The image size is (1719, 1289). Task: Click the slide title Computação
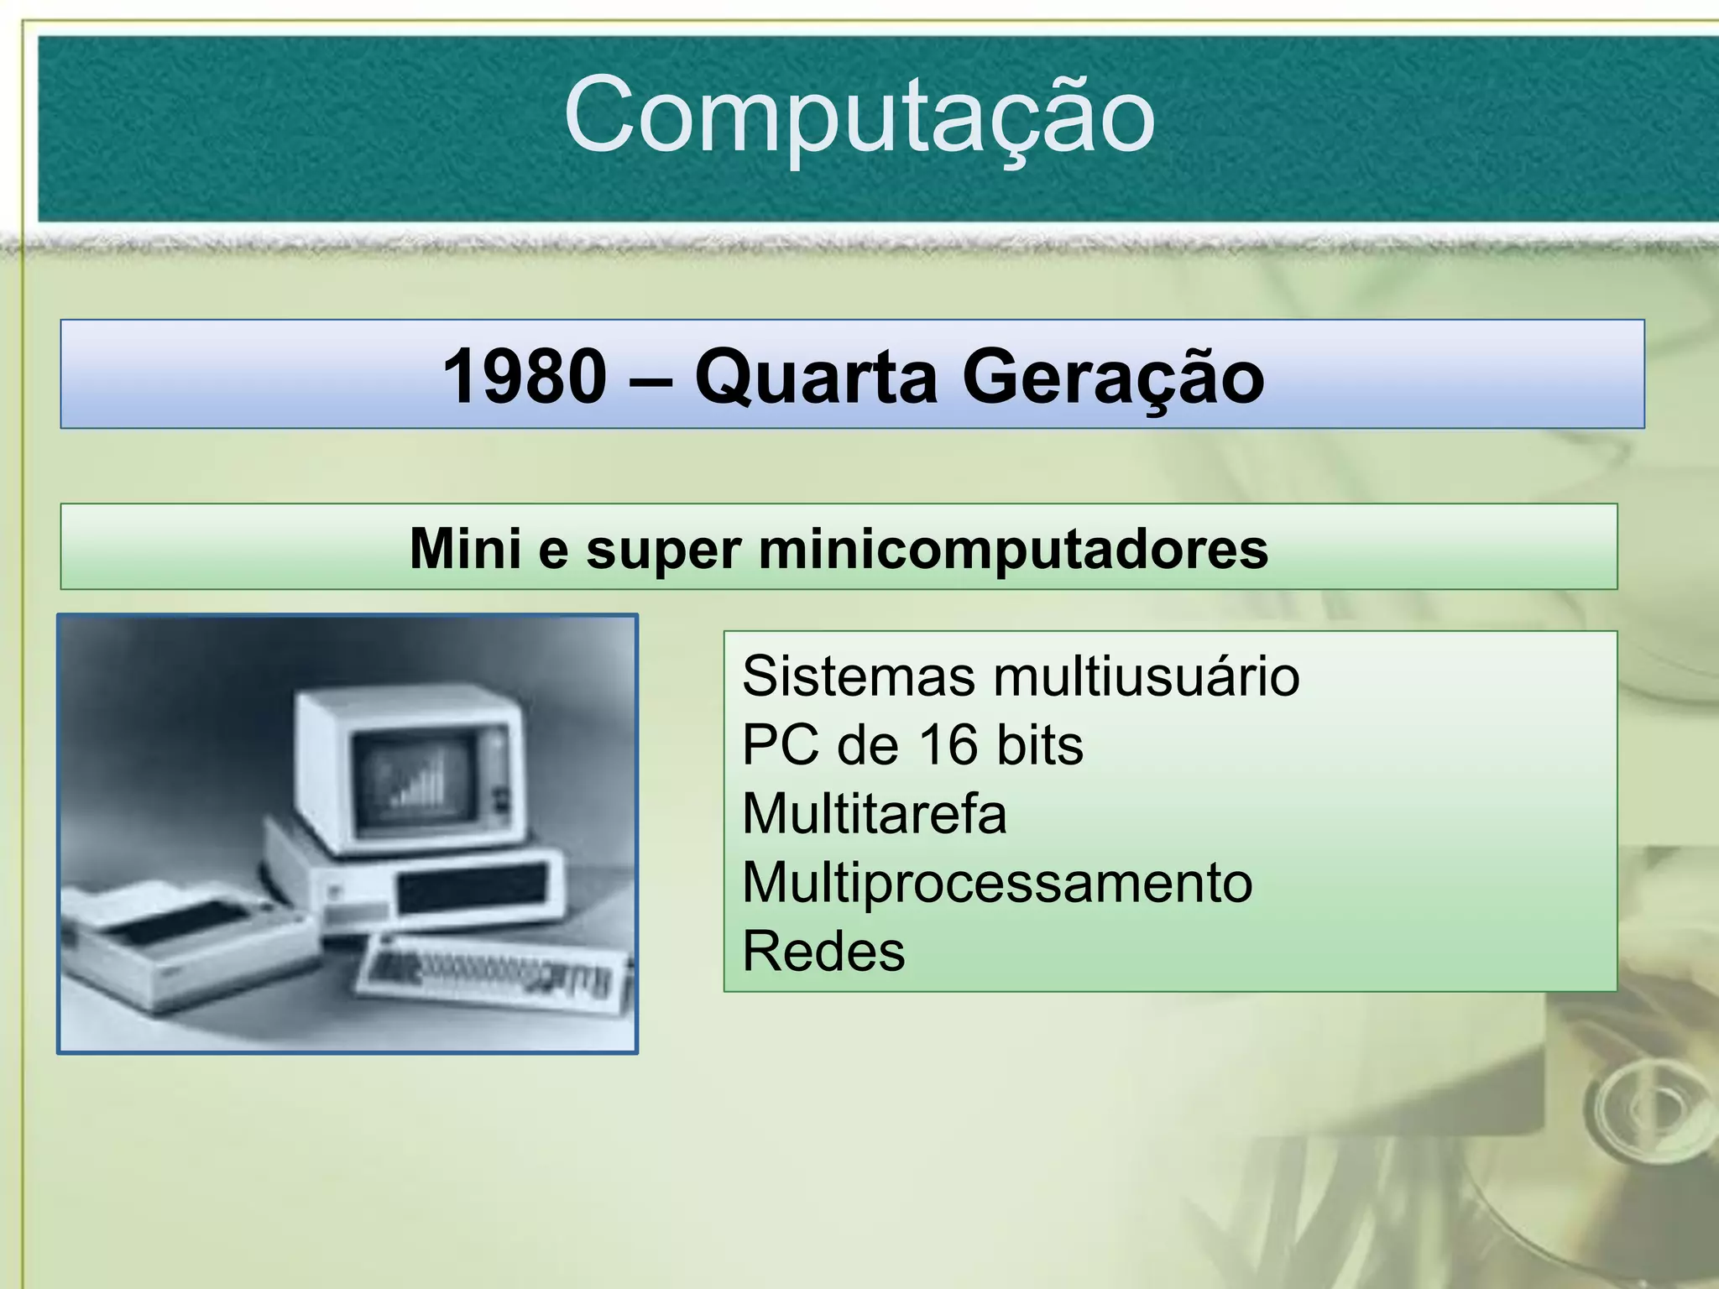(859, 116)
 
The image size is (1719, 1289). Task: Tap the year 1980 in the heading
(524, 377)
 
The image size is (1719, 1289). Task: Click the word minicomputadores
(1013, 550)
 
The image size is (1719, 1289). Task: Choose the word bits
(1040, 745)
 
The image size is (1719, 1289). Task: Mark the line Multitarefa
(874, 814)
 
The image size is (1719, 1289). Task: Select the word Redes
(823, 952)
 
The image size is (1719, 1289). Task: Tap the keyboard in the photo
(495, 974)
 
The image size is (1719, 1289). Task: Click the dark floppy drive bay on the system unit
(471, 889)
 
